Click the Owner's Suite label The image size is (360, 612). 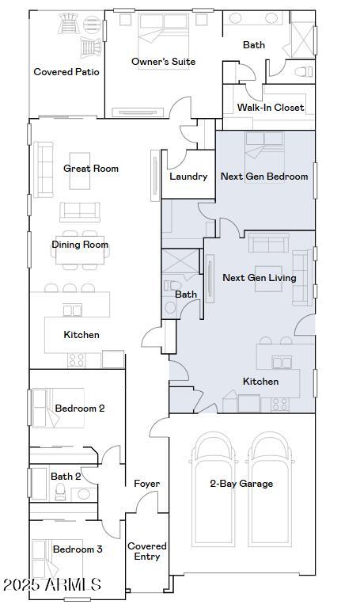[163, 62]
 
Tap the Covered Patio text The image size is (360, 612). [66, 72]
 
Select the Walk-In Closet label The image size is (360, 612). [270, 108]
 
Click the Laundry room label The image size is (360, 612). [188, 177]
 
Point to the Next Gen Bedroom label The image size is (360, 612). [264, 177]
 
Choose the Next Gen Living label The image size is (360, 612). [260, 278]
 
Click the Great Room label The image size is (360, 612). [91, 169]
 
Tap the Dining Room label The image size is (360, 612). [80, 245]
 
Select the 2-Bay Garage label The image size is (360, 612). [241, 484]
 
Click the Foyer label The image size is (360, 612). [146, 484]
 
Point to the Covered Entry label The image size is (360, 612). [147, 551]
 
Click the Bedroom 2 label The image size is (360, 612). [79, 409]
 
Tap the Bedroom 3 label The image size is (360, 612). [78, 549]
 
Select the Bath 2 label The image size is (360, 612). [66, 477]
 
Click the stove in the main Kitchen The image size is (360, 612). [77, 359]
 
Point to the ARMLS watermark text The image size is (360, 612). [51, 585]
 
